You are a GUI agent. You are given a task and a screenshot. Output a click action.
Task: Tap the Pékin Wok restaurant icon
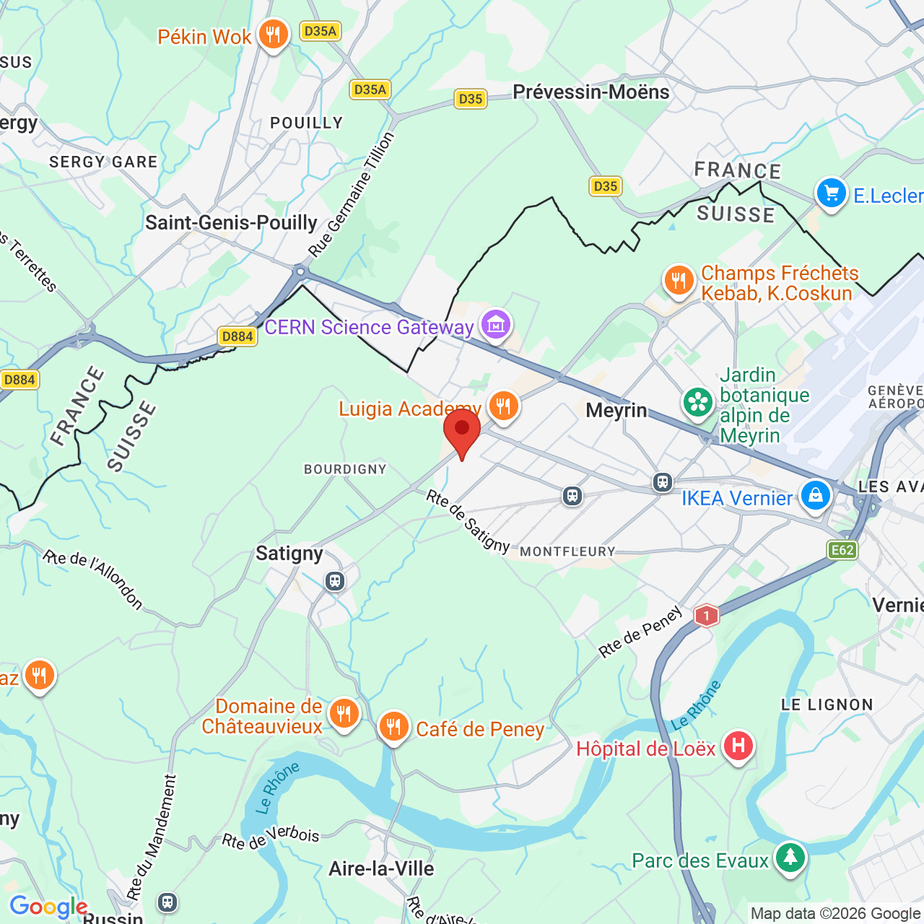[x=273, y=34]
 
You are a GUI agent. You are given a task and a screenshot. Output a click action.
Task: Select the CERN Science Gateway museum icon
[x=496, y=325]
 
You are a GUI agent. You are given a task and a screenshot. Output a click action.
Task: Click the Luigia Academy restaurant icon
[x=503, y=406]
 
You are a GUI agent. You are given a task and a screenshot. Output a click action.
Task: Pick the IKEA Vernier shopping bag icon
[x=815, y=496]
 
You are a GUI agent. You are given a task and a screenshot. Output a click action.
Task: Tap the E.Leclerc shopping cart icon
[x=831, y=193]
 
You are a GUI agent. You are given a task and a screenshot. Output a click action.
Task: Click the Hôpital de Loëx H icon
[x=738, y=746]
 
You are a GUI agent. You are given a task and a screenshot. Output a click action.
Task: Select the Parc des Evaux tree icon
[x=790, y=858]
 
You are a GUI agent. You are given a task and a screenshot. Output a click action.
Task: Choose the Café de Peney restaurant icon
[x=393, y=727]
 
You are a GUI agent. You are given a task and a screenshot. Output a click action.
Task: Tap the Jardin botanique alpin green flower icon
[x=697, y=403]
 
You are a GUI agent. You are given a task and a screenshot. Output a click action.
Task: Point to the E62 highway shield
[x=842, y=550]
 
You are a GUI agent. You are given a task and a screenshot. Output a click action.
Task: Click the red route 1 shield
[x=706, y=616]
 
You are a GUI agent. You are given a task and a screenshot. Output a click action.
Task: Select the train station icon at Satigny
[x=334, y=581]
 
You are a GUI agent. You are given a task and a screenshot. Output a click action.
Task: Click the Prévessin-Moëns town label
[x=590, y=92]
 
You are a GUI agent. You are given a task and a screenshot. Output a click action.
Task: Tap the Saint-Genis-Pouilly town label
[x=231, y=222]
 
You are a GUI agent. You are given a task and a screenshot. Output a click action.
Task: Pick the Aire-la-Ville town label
[x=381, y=868]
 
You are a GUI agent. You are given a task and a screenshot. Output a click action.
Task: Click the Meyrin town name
[x=616, y=411]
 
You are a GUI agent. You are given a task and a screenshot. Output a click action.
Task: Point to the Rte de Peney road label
[x=640, y=632]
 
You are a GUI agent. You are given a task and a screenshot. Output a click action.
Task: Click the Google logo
[x=48, y=907]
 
